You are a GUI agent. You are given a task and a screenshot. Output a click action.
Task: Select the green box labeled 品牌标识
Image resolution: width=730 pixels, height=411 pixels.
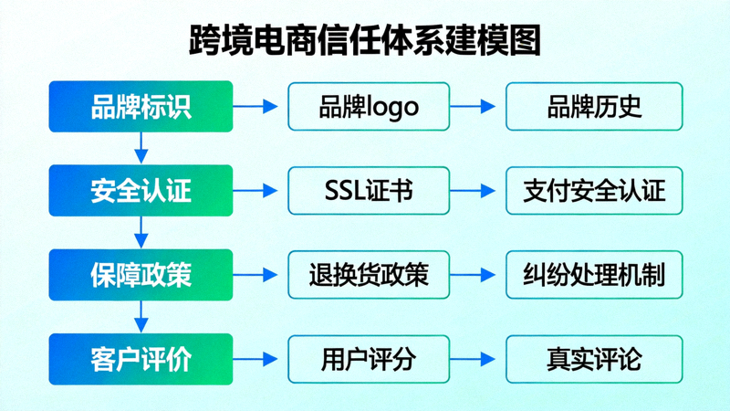tap(141, 106)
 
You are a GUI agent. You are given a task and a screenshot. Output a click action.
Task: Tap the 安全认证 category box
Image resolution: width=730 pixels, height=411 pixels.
tap(141, 190)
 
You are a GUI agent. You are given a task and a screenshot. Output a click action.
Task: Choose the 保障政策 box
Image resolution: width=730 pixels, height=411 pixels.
tap(141, 274)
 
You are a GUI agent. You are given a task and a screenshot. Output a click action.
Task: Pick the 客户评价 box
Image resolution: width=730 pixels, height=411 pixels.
tap(141, 358)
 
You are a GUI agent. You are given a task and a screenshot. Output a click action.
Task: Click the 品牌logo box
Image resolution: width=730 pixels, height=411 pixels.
tap(369, 106)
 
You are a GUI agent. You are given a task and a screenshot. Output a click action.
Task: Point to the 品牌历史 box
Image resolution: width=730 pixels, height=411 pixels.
tap(594, 106)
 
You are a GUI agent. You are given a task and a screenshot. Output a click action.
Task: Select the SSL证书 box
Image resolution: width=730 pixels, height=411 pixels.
tap(369, 190)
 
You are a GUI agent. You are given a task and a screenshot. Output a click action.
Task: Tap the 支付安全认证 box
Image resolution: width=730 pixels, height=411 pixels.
tap(594, 190)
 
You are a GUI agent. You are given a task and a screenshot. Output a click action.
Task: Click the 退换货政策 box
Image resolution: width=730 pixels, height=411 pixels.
tap(369, 274)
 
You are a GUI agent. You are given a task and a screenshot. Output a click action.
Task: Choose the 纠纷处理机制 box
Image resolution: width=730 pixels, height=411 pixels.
tap(594, 274)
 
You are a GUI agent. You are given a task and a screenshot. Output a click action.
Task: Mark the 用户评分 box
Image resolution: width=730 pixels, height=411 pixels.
tap(369, 358)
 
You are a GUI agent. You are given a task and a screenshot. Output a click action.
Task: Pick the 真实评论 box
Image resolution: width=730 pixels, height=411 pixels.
tap(594, 358)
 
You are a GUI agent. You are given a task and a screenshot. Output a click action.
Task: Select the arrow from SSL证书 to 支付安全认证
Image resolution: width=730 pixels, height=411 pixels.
tap(477, 190)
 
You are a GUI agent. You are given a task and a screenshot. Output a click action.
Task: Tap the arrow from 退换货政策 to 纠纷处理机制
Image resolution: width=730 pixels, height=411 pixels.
tap(477, 274)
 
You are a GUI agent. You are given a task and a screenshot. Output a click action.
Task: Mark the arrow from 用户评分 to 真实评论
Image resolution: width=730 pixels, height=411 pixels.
tap(477, 358)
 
